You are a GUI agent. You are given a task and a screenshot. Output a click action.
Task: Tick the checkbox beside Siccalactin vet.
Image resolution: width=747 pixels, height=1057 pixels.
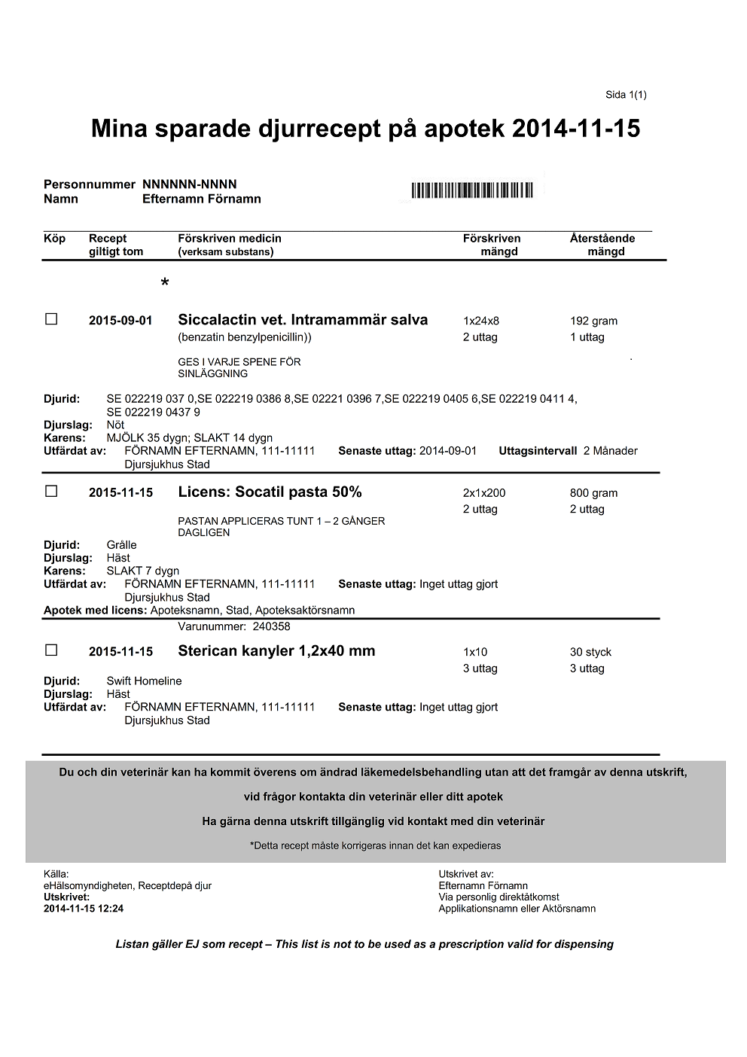pos(51,319)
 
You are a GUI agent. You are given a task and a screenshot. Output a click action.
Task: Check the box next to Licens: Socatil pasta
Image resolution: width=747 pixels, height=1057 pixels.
pos(51,491)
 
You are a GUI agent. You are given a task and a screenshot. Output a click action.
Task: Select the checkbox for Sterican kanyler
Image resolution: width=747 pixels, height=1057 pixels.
pos(51,650)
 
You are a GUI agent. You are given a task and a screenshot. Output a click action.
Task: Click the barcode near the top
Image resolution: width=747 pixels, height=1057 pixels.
pos(472,190)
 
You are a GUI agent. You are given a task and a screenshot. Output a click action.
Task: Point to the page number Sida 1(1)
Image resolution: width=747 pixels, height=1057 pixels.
pos(626,95)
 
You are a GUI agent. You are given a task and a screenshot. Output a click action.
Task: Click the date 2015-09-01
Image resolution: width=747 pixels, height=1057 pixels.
pos(120,321)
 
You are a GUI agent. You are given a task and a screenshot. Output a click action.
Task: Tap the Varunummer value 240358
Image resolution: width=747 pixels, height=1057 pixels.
pos(271,626)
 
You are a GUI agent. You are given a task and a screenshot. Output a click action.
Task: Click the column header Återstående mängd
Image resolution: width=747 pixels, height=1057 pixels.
pos(602,245)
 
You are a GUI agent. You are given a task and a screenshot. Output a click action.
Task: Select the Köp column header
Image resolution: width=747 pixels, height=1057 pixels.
pos(55,239)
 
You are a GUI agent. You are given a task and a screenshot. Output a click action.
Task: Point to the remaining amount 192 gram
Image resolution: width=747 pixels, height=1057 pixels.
pos(593,321)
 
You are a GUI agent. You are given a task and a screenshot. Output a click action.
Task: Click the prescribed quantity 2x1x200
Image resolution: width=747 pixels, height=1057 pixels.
pos(484,493)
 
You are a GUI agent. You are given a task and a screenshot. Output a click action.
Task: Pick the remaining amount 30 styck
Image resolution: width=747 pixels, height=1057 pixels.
pos(590,652)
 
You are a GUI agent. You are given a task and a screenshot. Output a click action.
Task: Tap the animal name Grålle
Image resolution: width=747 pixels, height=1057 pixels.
pos(122,545)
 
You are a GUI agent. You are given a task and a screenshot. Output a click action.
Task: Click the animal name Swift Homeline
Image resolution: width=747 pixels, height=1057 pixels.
pos(144,681)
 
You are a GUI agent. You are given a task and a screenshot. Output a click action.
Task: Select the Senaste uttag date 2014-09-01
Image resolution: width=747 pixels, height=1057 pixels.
pos(448,451)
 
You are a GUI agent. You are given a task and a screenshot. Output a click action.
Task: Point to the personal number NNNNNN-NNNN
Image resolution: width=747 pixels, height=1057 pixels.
pos(190,184)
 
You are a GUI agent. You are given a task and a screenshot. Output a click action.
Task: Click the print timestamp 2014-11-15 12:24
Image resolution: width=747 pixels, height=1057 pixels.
pos(84,909)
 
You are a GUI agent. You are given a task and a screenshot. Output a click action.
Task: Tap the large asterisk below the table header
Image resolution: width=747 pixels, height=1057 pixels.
pos(165,284)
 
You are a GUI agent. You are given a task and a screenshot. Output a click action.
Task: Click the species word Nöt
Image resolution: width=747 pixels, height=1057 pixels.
pos(115,425)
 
